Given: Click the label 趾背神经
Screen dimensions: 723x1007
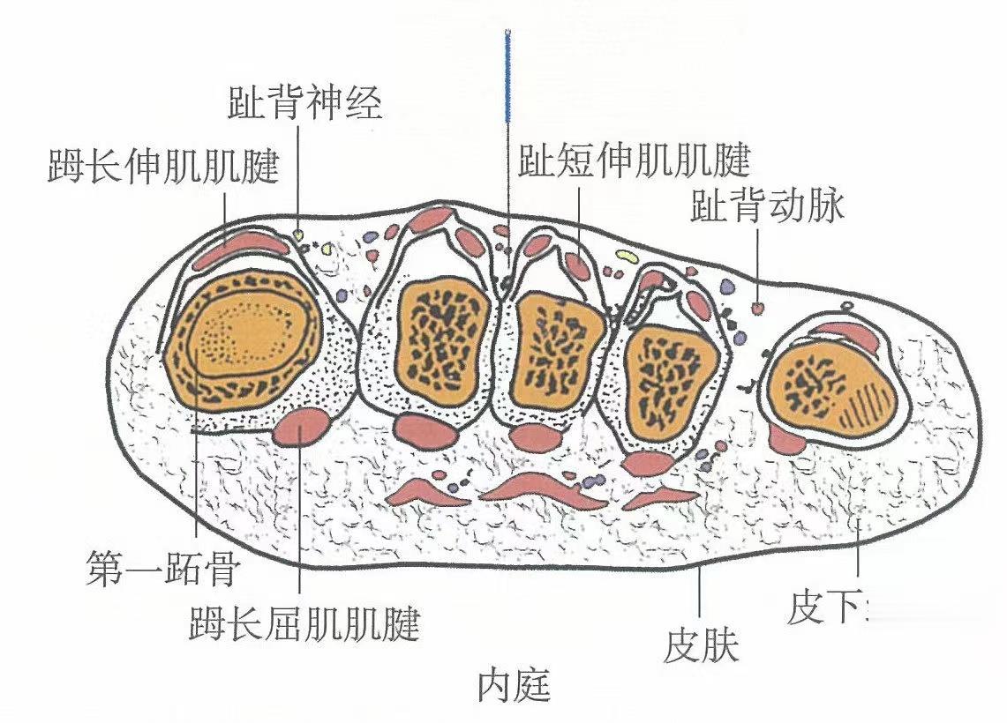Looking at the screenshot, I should pos(304,104).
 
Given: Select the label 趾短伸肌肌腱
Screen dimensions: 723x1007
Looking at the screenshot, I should pos(634,161).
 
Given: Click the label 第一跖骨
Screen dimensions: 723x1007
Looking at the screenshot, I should pos(162,570).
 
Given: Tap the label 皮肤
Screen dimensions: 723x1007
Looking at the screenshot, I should pos(701,646).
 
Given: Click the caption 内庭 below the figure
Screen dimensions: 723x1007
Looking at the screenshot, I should pos(515,685).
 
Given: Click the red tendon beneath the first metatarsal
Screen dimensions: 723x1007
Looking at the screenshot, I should pos(303,428).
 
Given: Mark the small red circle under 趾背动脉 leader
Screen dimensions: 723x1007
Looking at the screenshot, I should pos(757,308).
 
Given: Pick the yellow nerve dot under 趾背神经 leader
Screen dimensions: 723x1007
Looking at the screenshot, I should pos(299,235).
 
